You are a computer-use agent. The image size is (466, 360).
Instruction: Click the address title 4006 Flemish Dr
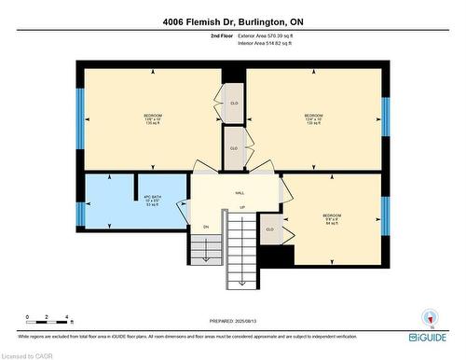click(232, 21)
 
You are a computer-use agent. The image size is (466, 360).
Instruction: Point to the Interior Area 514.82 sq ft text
click(271, 43)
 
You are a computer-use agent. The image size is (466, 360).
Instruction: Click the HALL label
click(240, 192)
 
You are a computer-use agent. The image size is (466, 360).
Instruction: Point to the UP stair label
click(242, 207)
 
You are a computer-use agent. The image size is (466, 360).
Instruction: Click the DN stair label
click(206, 227)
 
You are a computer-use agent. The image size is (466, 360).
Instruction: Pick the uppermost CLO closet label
click(234, 103)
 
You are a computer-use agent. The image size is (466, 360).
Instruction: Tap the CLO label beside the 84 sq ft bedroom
click(269, 228)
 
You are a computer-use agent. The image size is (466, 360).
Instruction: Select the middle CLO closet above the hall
click(234, 147)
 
